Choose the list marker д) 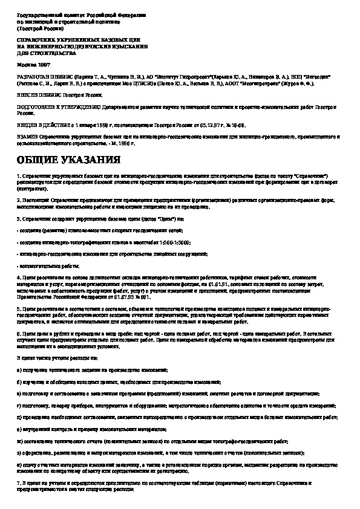click(19, 417)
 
